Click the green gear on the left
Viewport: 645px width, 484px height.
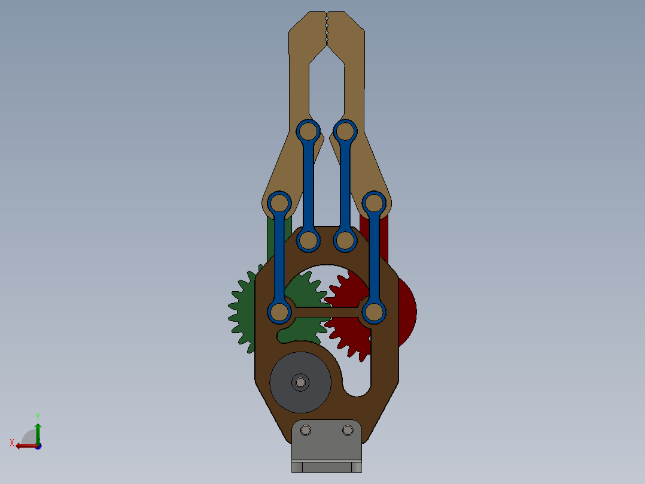coord(242,311)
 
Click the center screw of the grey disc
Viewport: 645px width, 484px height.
coord(300,382)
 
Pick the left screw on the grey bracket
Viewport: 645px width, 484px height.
coord(307,430)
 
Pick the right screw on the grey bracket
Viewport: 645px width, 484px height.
coord(348,430)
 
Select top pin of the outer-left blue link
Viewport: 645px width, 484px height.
coord(279,203)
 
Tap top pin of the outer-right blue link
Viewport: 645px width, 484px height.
coord(374,203)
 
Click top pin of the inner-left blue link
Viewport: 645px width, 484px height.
coord(309,131)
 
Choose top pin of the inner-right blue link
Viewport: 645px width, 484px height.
coord(345,131)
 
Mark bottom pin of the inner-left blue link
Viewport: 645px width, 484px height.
coord(308,240)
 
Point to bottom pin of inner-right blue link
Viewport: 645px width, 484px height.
coord(345,240)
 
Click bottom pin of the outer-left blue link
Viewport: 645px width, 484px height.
coord(279,312)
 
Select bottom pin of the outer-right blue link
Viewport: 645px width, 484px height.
coord(374,312)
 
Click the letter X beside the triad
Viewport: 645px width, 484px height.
coord(12,443)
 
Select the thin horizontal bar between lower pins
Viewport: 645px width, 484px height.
coord(326,311)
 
